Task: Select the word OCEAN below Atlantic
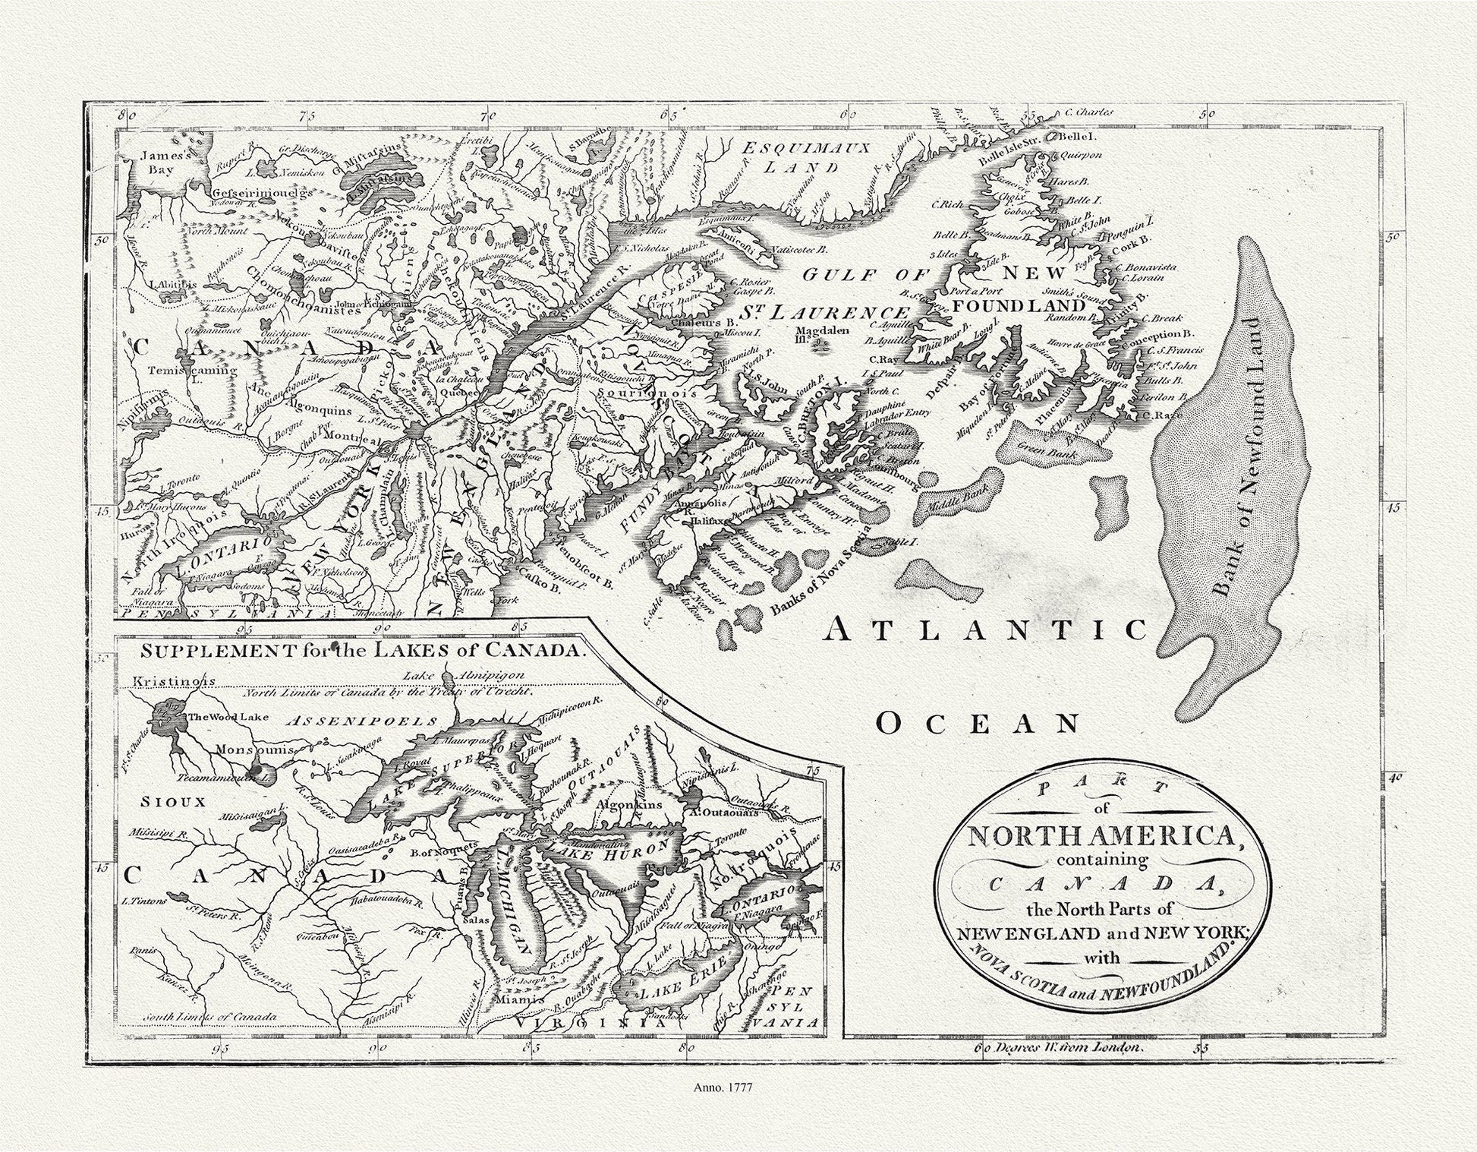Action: [x=978, y=724]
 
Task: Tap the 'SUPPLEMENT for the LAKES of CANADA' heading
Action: [x=363, y=651]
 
